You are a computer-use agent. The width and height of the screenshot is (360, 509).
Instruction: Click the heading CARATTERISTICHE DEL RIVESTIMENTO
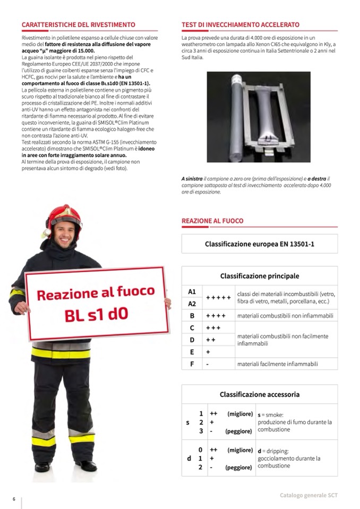coord(78,25)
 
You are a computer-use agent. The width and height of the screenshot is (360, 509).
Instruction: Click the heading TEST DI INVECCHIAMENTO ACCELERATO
coord(240,25)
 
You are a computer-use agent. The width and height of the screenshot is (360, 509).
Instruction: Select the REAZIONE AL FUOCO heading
coord(212,220)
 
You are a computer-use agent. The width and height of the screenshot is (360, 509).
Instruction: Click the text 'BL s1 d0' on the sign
coord(96,314)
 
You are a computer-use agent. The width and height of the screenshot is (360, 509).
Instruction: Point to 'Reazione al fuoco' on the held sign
coord(96,293)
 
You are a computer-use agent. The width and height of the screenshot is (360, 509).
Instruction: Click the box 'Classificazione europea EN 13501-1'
coord(259,244)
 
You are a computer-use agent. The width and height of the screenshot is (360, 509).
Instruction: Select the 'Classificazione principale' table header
coord(259,276)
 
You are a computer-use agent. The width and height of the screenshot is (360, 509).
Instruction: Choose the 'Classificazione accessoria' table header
coord(259,394)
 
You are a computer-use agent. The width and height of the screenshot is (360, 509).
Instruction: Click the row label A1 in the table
coord(192,292)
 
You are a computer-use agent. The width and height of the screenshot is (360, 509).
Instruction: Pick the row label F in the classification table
coord(192,364)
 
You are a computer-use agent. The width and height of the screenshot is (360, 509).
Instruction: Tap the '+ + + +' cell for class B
coord(216,316)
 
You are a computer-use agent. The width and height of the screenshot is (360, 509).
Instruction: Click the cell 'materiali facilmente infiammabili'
coord(277,364)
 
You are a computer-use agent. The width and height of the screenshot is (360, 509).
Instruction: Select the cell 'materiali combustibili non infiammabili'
coord(285,316)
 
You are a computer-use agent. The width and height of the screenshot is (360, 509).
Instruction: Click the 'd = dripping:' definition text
coord(273,451)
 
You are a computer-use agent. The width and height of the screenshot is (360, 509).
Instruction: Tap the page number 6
coord(14,499)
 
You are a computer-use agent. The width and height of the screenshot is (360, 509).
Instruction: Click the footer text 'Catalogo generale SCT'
coord(308,495)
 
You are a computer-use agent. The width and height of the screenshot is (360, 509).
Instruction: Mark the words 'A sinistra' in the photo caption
coord(192,179)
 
